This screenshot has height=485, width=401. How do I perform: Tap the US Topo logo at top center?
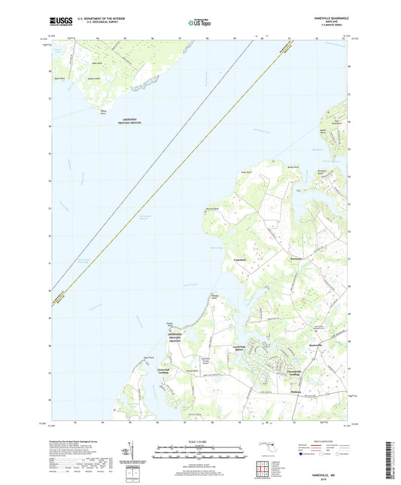[196, 23]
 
